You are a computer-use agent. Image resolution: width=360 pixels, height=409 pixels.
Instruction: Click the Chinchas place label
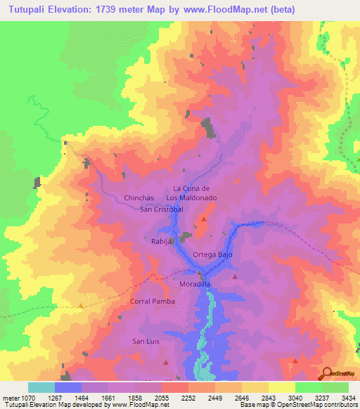click(x=139, y=198)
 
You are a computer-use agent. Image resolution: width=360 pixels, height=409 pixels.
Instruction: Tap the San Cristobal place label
click(x=162, y=209)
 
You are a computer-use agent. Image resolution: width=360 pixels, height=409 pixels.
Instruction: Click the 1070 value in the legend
click(x=26, y=396)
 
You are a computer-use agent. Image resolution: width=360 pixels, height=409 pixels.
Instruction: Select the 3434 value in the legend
click(x=347, y=396)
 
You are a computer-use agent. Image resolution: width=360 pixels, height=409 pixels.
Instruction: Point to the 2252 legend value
click(x=188, y=396)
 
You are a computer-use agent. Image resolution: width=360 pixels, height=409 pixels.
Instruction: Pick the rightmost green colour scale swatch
click(x=335, y=387)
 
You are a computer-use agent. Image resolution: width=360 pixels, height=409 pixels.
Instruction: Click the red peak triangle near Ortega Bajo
click(x=204, y=220)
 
